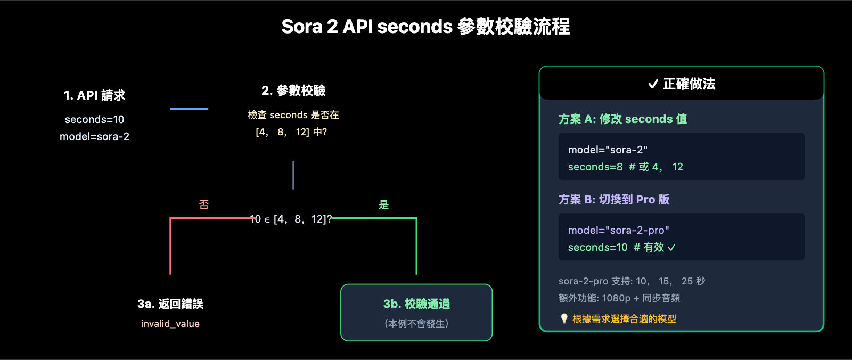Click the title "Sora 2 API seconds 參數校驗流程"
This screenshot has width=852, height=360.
[425, 27]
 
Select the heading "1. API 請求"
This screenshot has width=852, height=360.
[94, 95]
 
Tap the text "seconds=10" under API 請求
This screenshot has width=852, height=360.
[94, 119]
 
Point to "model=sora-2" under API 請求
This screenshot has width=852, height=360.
[94, 136]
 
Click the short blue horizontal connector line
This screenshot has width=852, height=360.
[189, 109]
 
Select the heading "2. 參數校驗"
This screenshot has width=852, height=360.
[293, 91]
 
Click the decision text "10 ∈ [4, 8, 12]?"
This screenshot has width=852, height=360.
[291, 219]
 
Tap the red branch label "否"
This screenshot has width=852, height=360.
[203, 204]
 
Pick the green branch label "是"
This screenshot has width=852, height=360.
[383, 204]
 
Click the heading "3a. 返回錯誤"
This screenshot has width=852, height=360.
[170, 304]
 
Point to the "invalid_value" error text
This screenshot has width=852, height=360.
[170, 323]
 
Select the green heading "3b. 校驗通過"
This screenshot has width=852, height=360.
[416, 304]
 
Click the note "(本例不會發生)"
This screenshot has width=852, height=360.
[416, 323]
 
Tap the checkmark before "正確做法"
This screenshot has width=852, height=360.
[653, 84]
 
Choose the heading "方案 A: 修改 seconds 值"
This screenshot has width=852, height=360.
[622, 119]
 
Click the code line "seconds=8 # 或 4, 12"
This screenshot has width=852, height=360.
[625, 167]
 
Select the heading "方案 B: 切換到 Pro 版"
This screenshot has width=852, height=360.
[614, 199]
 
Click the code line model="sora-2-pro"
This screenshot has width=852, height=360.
[618, 230]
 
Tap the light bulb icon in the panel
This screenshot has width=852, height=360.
[564, 318]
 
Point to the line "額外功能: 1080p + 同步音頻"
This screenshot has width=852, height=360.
[619, 298]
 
